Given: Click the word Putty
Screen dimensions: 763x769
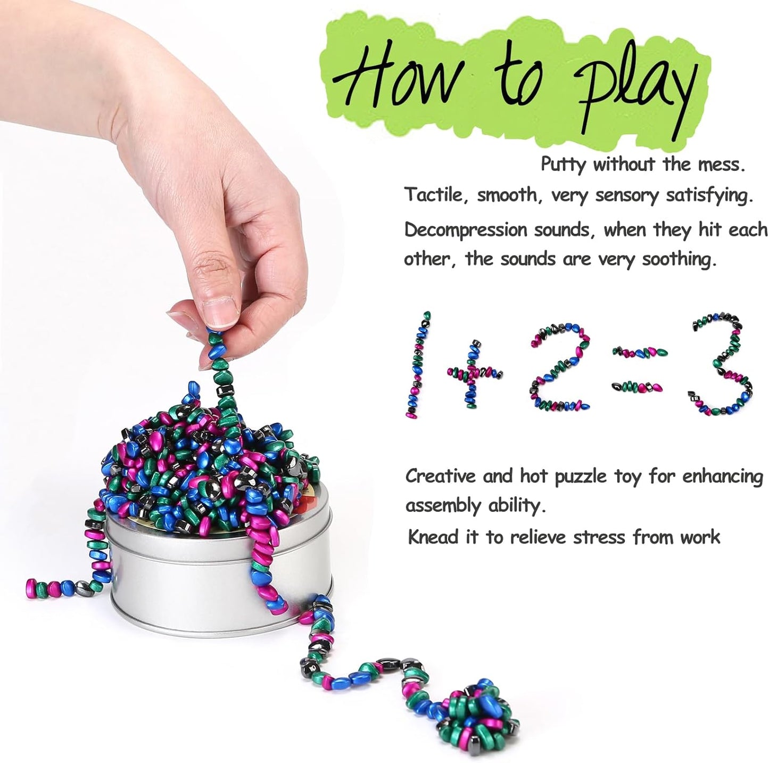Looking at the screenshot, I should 565,165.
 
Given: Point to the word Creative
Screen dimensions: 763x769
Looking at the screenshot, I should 441,475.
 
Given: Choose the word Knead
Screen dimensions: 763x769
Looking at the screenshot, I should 433,537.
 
